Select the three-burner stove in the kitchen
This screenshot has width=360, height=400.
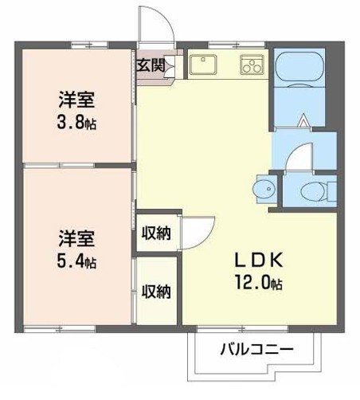click(x=252, y=65)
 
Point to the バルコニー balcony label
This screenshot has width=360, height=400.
click(x=256, y=349)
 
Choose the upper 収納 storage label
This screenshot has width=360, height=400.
click(x=156, y=233)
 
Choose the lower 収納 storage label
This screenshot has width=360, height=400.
click(x=156, y=292)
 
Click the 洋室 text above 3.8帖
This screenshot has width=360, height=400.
click(x=76, y=100)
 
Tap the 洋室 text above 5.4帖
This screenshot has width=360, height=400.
click(x=76, y=238)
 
